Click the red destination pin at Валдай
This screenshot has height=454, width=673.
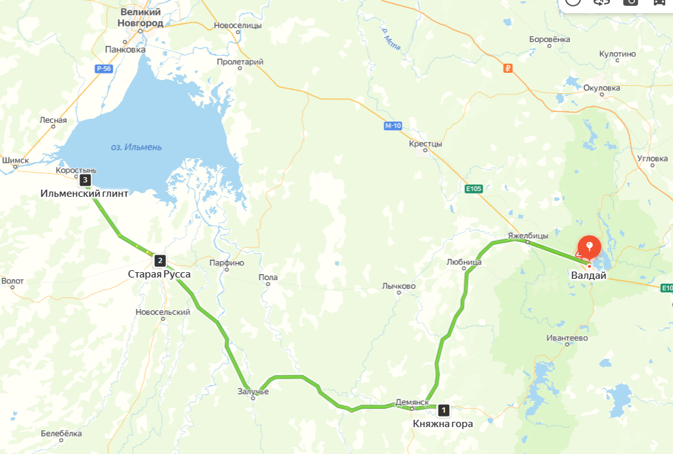tap(590, 247)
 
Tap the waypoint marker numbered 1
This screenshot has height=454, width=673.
tap(444, 411)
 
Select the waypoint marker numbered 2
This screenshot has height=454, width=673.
tap(160, 260)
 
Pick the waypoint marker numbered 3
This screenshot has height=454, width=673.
tap(85, 179)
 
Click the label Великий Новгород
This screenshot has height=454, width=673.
tap(141, 17)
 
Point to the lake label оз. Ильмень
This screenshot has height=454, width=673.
tap(136, 147)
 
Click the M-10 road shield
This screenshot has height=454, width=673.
tap(393, 125)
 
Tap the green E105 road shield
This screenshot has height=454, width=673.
tap(473, 189)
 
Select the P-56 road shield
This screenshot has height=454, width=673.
tap(103, 68)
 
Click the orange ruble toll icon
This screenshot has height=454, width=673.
tap(507, 68)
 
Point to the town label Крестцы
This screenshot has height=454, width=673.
tap(425, 144)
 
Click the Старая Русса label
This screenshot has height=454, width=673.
tap(159, 274)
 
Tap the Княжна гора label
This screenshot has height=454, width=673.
tap(443, 424)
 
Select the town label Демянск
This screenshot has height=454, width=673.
tap(412, 402)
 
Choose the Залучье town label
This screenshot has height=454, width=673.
tap(253, 391)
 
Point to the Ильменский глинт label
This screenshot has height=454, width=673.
tap(84, 194)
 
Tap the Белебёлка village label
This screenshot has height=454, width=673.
tap(61, 433)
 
